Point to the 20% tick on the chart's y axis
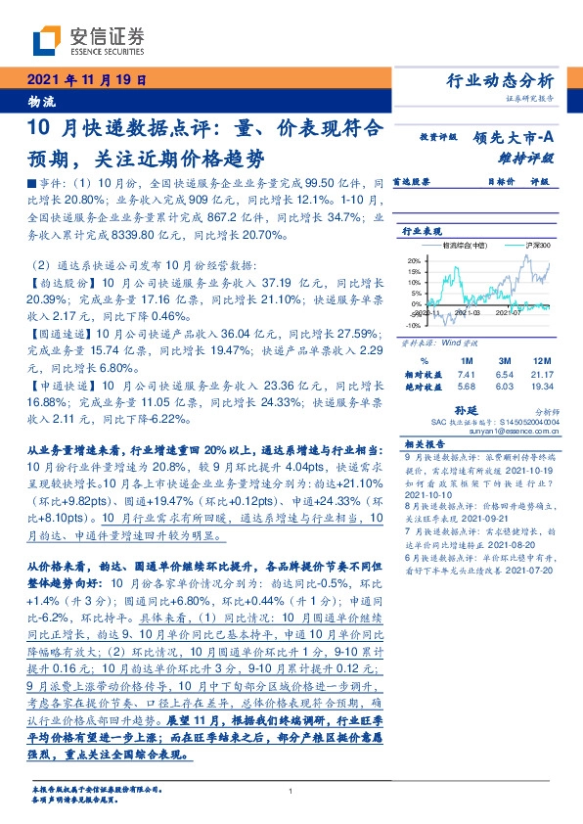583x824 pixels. click(x=415, y=260)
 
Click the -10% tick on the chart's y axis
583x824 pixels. click(x=413, y=325)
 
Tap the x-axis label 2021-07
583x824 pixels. click(x=511, y=313)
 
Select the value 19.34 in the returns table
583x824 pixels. click(x=542, y=387)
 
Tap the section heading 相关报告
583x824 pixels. click(x=423, y=442)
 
